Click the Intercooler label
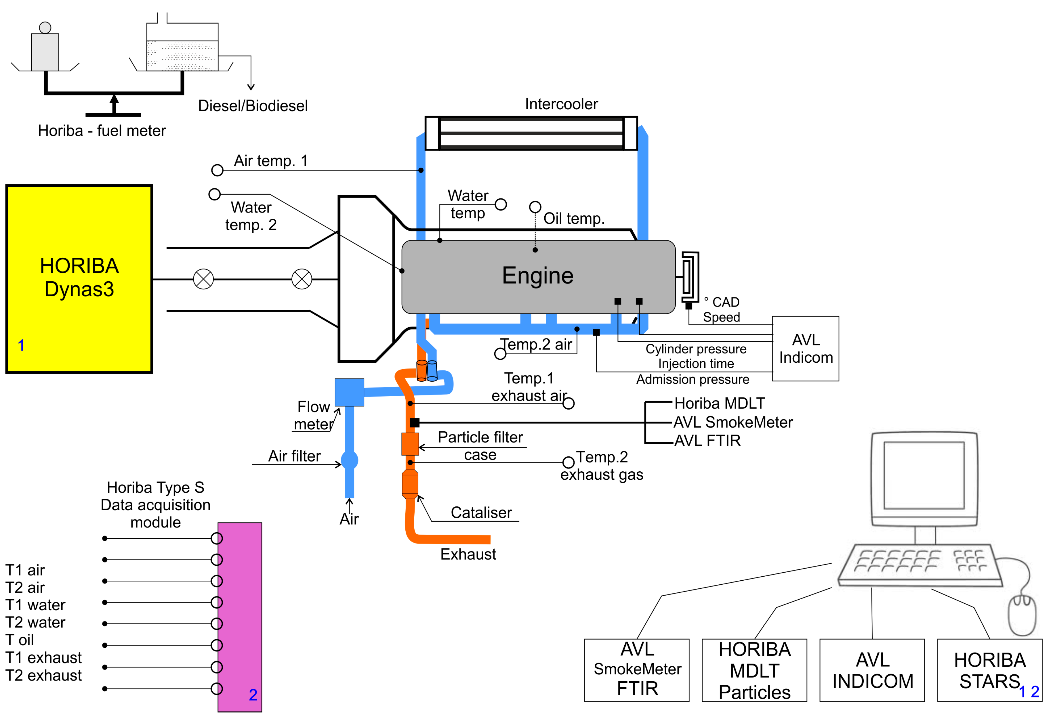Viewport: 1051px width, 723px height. pos(561,104)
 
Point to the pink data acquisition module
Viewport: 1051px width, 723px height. pos(239,616)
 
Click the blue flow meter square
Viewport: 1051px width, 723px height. pos(349,392)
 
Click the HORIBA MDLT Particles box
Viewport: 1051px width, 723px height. pos(754,670)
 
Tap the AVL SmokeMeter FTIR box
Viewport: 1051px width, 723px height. pos(636,670)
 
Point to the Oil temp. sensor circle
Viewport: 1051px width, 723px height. pos(535,207)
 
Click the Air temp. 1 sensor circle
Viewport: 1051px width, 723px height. pos(217,170)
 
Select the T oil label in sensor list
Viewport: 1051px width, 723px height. pos(20,640)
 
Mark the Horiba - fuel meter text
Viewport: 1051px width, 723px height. pos(102,131)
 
